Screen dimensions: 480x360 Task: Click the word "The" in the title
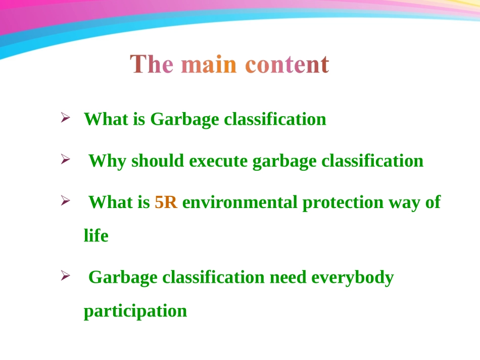[x=152, y=64]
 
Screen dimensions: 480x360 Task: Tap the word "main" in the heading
[x=209, y=64]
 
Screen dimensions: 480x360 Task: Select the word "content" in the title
[x=287, y=65]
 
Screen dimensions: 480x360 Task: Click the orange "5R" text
[x=166, y=202]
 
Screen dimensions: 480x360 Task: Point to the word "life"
[x=96, y=235]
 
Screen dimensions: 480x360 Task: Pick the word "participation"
[x=135, y=311]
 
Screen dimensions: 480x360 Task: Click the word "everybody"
[x=352, y=278]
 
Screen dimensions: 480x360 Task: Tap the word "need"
[x=288, y=277]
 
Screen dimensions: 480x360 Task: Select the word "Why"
[x=107, y=161]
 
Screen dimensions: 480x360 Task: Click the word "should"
[x=158, y=161]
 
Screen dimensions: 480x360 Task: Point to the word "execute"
[x=218, y=161]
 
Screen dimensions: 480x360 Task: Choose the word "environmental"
[x=239, y=202]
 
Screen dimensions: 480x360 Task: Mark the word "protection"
[x=343, y=203]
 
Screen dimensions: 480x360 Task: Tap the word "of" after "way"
[x=433, y=202]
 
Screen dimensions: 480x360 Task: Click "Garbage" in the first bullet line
[x=184, y=119]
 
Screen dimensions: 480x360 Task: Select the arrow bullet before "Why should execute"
[x=65, y=159]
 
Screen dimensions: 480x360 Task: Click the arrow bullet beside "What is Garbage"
[x=65, y=118]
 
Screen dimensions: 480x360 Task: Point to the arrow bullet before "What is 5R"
[x=65, y=200]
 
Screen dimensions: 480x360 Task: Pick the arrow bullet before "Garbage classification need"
[x=65, y=275]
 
